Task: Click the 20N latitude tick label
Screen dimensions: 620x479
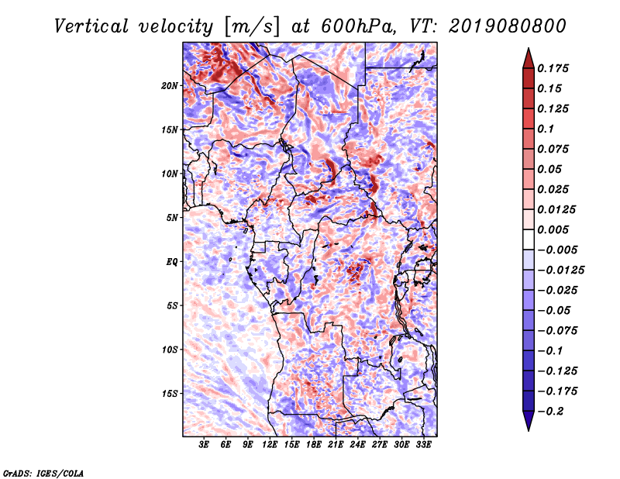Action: (170, 86)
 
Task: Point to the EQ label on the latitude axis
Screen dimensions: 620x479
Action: (172, 262)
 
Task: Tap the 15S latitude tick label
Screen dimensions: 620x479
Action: (170, 394)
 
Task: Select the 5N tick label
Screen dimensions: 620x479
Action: (172, 218)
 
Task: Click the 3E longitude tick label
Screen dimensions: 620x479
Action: (204, 444)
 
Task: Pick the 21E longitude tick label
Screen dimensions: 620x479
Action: (336, 444)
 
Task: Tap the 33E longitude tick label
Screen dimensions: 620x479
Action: (423, 444)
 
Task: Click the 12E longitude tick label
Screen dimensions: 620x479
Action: (270, 444)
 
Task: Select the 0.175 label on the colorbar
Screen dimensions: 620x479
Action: (553, 68)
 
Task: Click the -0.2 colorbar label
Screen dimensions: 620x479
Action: (550, 412)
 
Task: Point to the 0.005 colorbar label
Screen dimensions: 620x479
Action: (553, 229)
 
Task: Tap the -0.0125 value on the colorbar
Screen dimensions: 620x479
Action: (560, 271)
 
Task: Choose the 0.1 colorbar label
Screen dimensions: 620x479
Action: (546, 129)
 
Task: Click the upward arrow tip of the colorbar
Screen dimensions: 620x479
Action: (529, 48)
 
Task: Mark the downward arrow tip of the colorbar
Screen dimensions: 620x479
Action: (529, 430)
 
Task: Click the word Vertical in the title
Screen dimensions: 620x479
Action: (91, 26)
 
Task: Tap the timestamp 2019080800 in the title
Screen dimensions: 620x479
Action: (508, 26)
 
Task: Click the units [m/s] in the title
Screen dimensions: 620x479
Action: (252, 27)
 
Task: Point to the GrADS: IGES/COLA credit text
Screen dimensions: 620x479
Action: (43, 474)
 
